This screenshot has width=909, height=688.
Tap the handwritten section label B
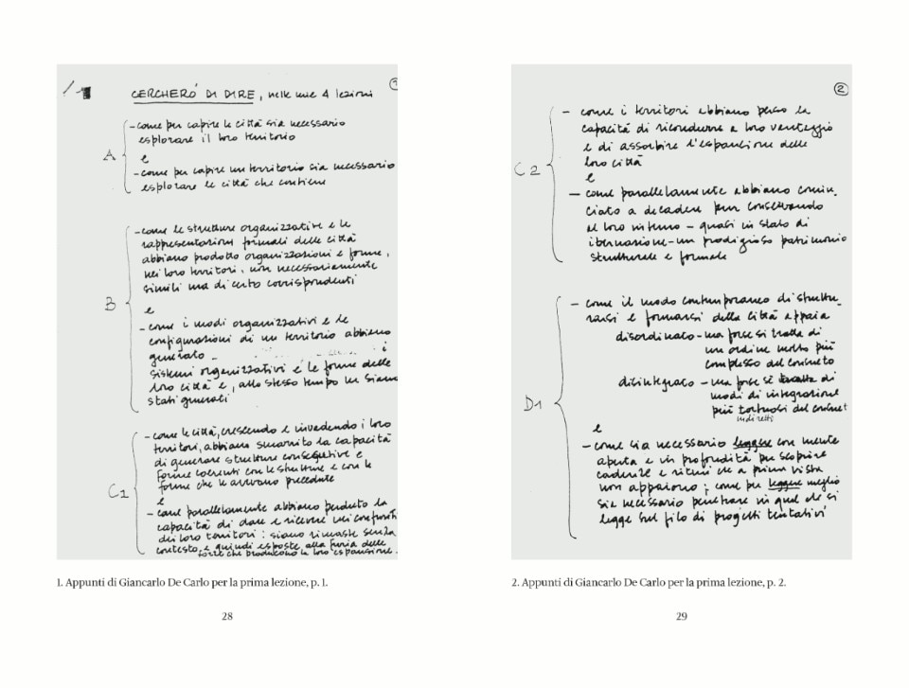tap(109, 305)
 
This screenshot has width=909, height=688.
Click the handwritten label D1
tap(534, 406)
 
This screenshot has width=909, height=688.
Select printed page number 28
tap(227, 616)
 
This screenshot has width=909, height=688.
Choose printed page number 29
tap(681, 616)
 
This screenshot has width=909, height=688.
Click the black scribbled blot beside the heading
tap(85, 93)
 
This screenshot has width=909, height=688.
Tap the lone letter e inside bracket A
tap(145, 156)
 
